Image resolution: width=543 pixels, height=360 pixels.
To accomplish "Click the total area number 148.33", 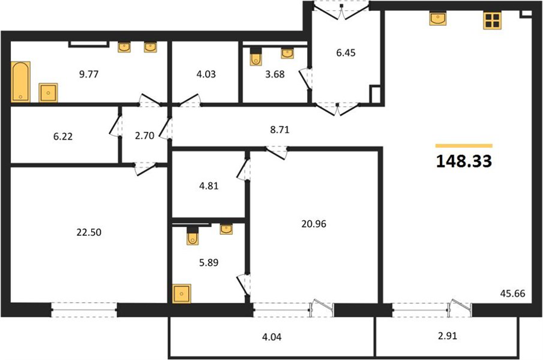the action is [464, 162].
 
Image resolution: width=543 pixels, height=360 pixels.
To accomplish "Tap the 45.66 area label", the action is [512, 294].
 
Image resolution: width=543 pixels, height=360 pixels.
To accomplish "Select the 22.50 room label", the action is [89, 232].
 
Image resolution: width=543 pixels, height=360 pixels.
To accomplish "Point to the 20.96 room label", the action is [314, 224].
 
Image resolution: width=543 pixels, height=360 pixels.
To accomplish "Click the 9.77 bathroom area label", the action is [89, 74].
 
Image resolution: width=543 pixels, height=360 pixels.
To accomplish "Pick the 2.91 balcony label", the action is [448, 336].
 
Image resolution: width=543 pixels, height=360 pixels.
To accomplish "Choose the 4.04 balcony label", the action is [271, 336].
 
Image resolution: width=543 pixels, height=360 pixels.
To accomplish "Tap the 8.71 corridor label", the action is [279, 130].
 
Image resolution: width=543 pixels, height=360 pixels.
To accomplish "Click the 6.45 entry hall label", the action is [346, 53].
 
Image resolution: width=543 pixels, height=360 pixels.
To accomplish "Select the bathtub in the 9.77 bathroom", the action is [21, 81].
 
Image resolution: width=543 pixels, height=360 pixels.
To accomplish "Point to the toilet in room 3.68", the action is [256, 57].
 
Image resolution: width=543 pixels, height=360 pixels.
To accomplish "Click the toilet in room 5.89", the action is [192, 236].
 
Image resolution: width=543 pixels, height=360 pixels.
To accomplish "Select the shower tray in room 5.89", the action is [182, 294].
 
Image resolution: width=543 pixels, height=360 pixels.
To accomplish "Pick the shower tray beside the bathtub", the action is [48, 92].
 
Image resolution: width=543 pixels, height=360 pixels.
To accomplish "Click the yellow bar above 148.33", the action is [464, 146].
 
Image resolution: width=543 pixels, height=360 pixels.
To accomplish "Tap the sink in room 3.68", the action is [287, 53].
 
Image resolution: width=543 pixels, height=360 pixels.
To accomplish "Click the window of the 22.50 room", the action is [84, 309].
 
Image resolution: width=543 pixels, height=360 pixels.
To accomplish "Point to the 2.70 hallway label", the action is [144, 136].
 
